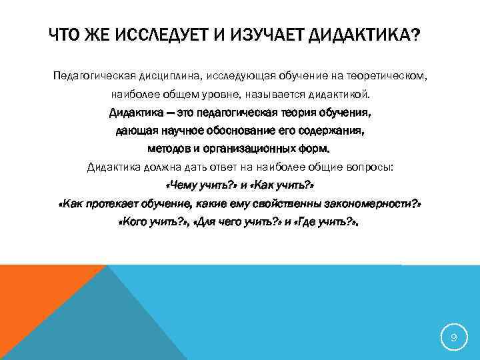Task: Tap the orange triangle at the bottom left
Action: point(33,300)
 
